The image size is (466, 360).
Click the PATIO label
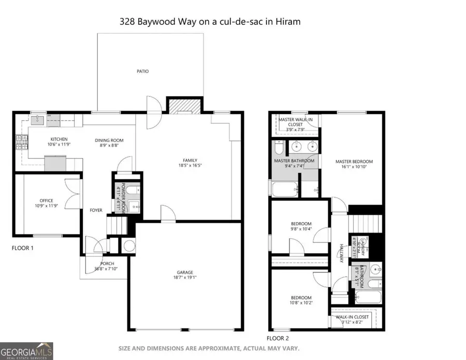pos(142,71)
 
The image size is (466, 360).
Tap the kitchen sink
pos(37,121)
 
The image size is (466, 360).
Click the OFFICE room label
pos(47,201)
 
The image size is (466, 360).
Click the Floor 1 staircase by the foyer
pos(116,226)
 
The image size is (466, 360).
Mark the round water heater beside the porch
pos(127,246)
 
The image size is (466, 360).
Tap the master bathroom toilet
pos(279,149)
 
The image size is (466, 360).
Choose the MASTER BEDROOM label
pos(354,162)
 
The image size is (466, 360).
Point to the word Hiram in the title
pos(289,22)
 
